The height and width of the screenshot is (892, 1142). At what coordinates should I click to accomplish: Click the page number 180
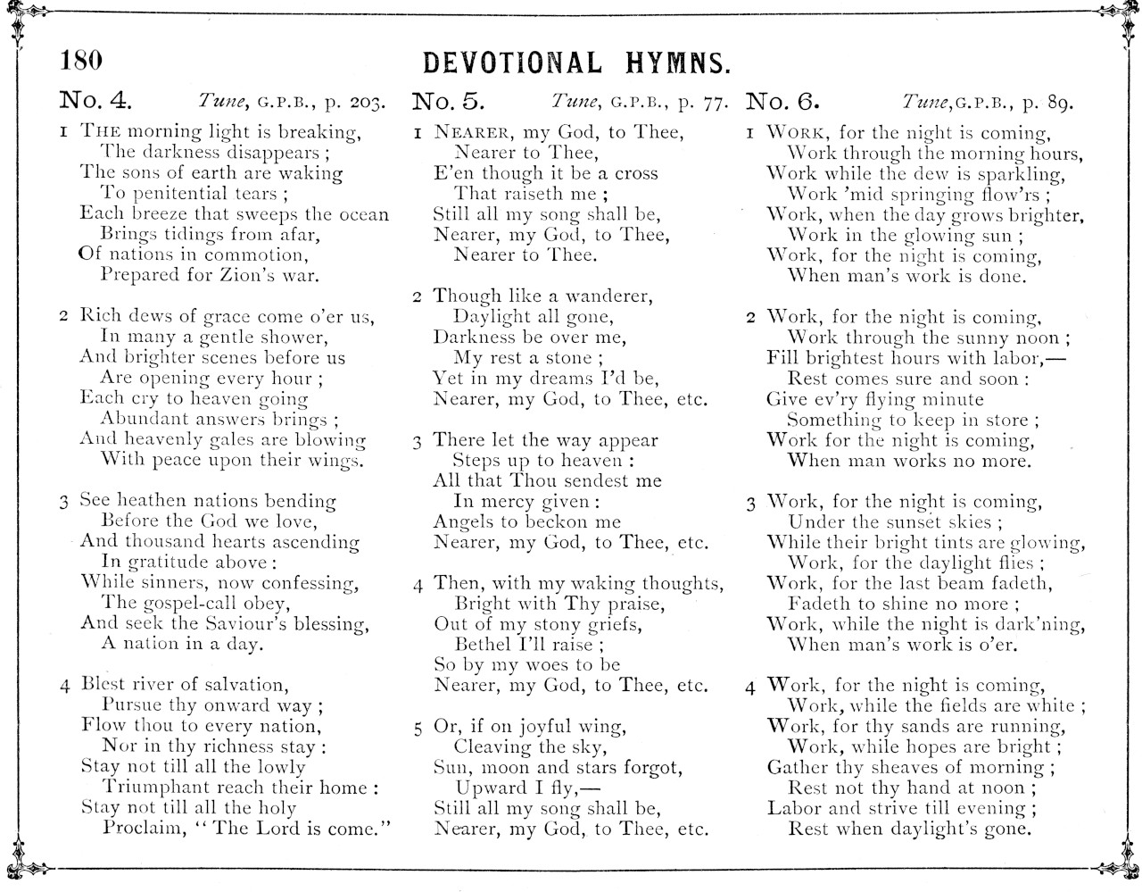point(81,60)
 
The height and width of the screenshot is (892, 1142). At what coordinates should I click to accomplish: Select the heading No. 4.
point(95,100)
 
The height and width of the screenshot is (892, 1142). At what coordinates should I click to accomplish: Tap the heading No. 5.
point(448,100)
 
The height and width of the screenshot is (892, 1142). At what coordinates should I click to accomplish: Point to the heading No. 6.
point(782,100)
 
